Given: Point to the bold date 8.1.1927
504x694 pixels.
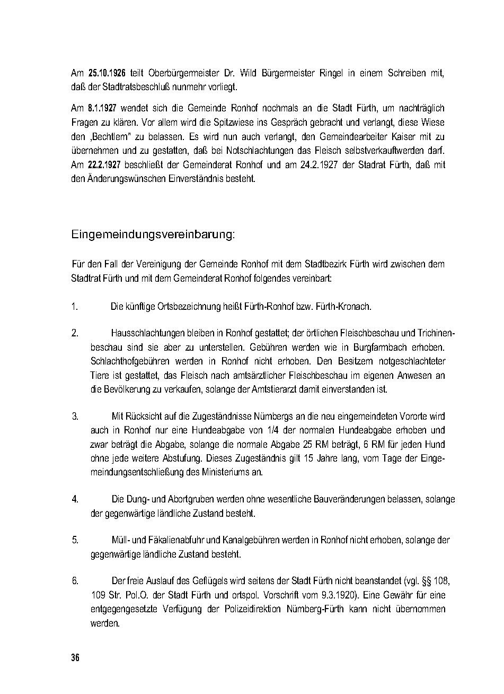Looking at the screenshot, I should pyautogui.click(x=102, y=108).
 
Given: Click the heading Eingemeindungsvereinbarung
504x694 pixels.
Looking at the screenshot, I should pyautogui.click(x=153, y=235).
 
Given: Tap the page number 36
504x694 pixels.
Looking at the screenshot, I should pyautogui.click(x=75, y=658).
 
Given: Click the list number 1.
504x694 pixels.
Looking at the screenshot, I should pyautogui.click(x=75, y=307).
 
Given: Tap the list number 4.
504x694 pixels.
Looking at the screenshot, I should pyautogui.click(x=75, y=499).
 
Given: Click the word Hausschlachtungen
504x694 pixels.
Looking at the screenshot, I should pyautogui.click(x=147, y=333).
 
